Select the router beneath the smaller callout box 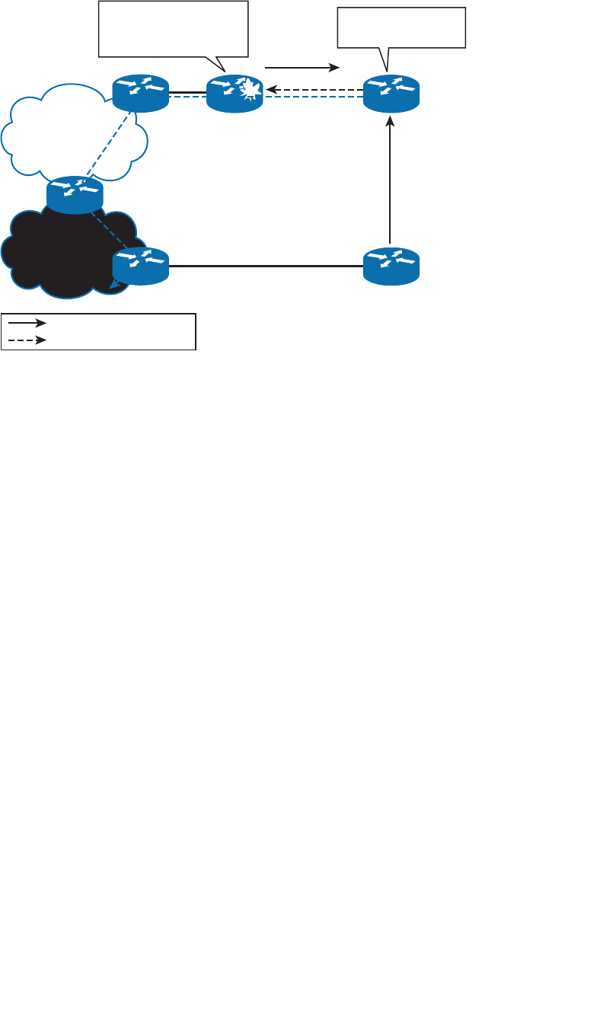[x=391, y=94]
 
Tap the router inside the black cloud [x=140, y=266]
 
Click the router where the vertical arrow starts [x=391, y=266]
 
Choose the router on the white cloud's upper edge [x=140, y=93]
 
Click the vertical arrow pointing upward [x=391, y=180]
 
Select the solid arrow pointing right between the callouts [x=302, y=68]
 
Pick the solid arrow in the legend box [x=27, y=323]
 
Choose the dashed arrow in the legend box [x=27, y=340]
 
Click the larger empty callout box [x=173, y=29]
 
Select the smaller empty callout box [x=401, y=28]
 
